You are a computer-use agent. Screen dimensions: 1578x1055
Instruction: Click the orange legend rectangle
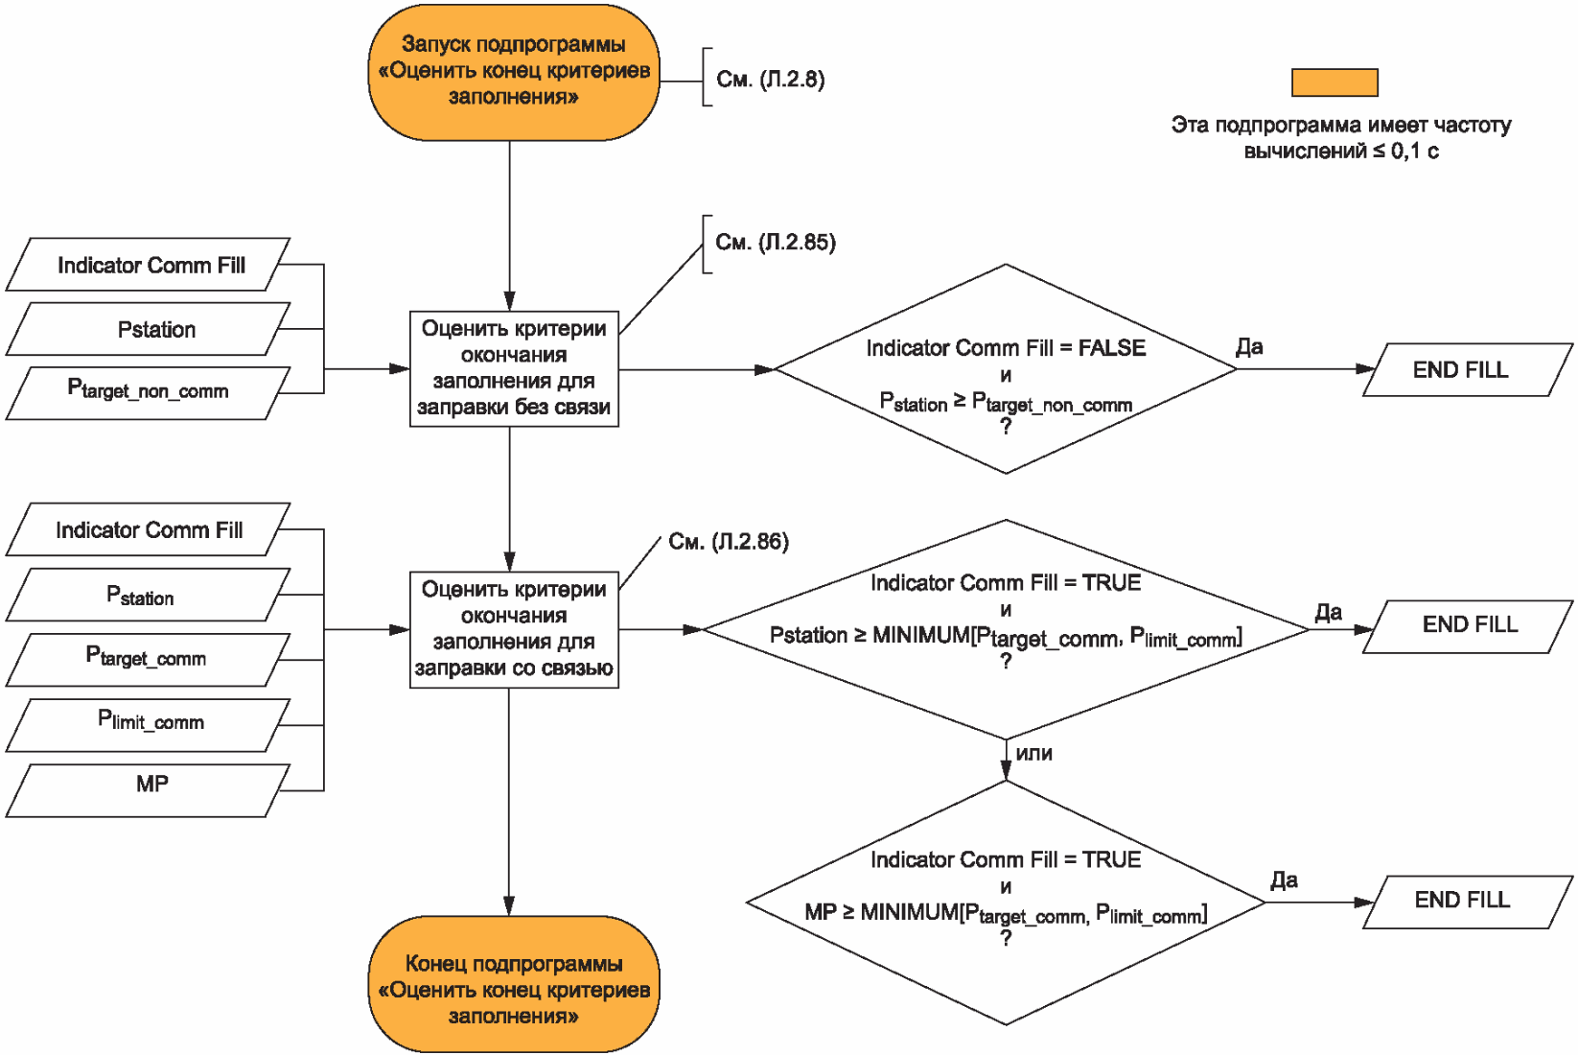point(1334,82)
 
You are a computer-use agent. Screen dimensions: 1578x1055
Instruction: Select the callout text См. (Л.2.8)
point(770,79)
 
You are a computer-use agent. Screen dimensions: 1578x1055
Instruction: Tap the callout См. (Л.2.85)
point(775,243)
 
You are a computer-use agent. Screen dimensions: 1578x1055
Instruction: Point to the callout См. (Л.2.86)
point(729,541)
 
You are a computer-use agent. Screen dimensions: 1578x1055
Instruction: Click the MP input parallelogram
point(148,790)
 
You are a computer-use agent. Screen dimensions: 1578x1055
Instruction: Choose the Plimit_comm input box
point(148,725)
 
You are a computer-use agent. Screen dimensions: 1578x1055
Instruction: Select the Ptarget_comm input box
point(148,660)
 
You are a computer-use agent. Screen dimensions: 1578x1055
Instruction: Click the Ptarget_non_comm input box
point(148,393)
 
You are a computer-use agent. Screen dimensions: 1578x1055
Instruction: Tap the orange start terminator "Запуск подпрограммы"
point(514,71)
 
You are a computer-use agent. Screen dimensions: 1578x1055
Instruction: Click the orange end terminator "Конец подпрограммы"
point(514,984)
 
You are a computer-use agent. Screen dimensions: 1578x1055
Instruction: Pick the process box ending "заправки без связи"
point(514,368)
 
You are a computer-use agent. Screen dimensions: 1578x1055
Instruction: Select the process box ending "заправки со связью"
point(514,629)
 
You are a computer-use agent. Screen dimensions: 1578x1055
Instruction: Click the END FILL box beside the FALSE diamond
point(1468,370)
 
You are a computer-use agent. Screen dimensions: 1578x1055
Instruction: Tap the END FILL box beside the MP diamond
point(1468,903)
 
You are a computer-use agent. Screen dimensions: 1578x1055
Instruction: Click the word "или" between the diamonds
point(1034,754)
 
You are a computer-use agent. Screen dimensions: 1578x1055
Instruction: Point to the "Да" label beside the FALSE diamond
point(1250,346)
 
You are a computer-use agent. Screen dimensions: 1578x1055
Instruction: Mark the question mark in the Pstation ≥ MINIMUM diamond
point(1006,661)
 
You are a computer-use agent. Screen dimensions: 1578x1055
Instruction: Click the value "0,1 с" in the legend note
point(1415,151)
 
